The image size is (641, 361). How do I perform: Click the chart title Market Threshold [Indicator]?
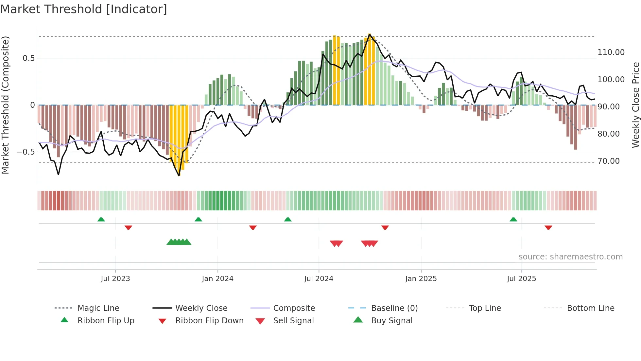point(84,9)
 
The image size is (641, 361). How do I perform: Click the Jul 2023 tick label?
point(115,279)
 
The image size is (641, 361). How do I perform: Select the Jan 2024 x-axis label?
point(217,279)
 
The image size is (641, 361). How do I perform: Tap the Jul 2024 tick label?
point(319,279)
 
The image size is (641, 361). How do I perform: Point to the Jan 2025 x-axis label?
point(421,279)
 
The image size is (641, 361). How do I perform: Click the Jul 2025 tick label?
point(521,279)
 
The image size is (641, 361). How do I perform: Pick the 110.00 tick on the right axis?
point(611,52)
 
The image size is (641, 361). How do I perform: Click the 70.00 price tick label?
point(608,161)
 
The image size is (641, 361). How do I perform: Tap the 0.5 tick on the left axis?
point(28,58)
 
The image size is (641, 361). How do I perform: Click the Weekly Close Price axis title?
point(635,105)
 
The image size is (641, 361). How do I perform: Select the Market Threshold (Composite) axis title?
point(5,105)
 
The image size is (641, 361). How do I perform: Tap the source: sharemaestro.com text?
point(570,257)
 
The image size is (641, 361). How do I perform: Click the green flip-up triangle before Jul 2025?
point(513,219)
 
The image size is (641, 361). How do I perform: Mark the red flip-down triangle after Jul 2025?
point(548,227)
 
